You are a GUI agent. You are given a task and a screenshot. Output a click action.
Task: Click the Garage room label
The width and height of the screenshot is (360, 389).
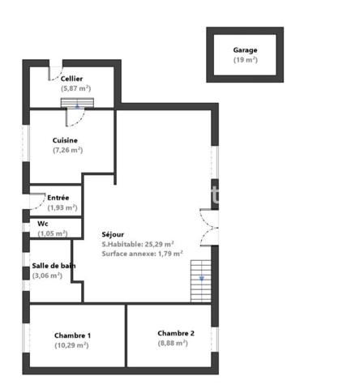[x=245, y=50]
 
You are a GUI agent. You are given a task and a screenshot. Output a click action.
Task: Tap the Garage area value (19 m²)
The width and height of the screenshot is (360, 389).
[x=245, y=60]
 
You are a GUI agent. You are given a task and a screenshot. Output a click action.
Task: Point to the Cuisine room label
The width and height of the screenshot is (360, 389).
[x=65, y=140]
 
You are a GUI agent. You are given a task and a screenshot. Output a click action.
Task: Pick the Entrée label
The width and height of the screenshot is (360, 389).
[x=58, y=197]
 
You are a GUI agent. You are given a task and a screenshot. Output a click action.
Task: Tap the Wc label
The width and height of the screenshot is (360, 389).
[x=43, y=223]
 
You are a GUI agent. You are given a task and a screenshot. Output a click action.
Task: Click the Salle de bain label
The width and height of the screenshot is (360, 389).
[x=54, y=266]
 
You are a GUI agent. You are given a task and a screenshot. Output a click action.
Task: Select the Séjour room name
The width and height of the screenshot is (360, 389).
[x=113, y=233]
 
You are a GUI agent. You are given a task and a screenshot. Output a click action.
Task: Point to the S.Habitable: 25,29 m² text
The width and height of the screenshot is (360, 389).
[x=137, y=244]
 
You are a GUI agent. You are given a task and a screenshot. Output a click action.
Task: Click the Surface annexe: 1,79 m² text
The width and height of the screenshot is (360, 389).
[x=142, y=254]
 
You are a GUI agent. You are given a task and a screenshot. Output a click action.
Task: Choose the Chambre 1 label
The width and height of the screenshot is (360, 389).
[x=72, y=335]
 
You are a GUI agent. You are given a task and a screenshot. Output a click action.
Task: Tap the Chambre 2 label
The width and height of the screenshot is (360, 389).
[x=176, y=332]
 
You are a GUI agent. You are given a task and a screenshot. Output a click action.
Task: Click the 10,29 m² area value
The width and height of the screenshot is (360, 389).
[x=71, y=345]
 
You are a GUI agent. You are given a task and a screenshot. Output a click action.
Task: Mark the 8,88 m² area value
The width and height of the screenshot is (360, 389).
[x=172, y=343]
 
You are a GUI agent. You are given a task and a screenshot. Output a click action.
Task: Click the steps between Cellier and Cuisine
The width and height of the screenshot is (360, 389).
[x=78, y=103]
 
